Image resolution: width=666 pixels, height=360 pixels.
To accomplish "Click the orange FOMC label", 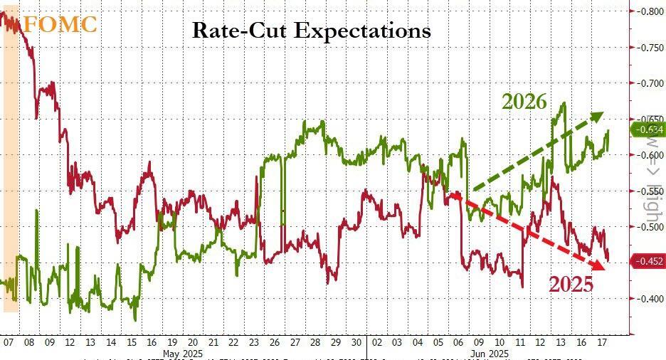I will [60, 23].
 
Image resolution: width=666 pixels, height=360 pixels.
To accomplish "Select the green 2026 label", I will [524, 102].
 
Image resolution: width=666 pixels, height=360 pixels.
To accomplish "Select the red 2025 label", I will [570, 285].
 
